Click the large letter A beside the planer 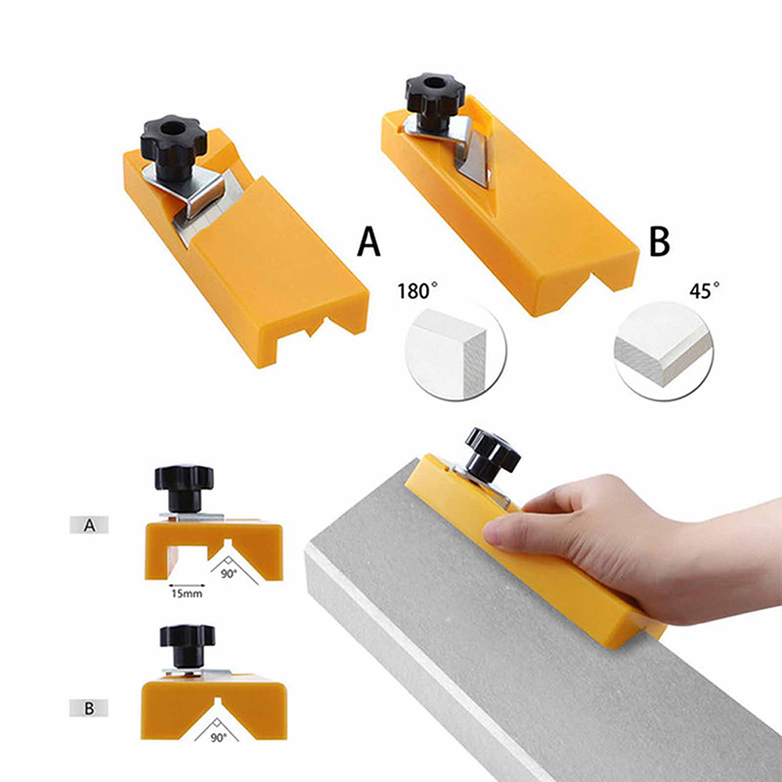click(x=369, y=241)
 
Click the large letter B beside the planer click(x=659, y=241)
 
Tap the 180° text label click(x=417, y=290)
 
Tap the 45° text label click(x=704, y=290)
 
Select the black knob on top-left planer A click(x=173, y=145)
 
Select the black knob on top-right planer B click(x=435, y=100)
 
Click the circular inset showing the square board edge click(x=456, y=350)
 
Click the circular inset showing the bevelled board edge click(x=664, y=350)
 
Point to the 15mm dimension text click(x=187, y=593)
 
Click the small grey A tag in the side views click(x=89, y=525)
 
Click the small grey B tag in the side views click(x=89, y=708)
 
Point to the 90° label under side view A click(x=229, y=574)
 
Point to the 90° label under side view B click(x=218, y=737)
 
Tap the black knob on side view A click(x=184, y=488)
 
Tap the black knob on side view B click(x=188, y=645)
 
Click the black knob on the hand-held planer click(x=492, y=455)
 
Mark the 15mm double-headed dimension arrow click(x=187, y=585)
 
